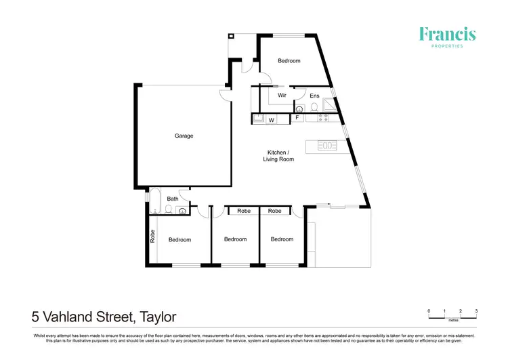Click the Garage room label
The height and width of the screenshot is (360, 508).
point(184,136)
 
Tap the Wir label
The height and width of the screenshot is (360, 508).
point(282,96)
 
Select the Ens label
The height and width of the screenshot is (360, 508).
point(314,96)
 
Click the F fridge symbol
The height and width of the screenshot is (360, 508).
point(297,118)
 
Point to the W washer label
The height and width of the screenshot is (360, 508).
point(271,120)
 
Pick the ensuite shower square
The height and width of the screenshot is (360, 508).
point(329,104)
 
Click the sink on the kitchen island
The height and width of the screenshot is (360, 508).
point(329,145)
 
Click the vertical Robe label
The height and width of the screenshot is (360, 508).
point(152,237)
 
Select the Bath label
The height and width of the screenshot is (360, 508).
point(173,199)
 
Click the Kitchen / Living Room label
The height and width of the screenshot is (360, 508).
point(278,155)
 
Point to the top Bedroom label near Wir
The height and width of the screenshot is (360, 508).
point(289,61)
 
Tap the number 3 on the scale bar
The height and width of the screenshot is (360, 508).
point(476,311)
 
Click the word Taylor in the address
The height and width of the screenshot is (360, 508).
point(158,317)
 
